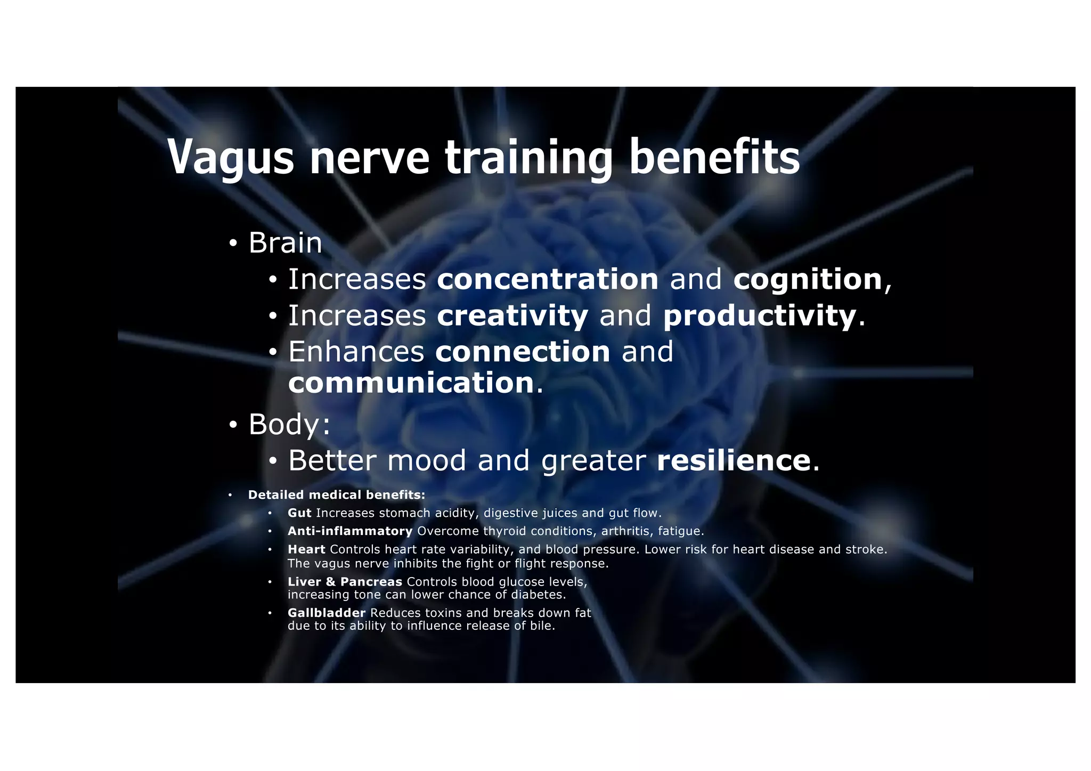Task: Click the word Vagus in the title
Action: pos(231,157)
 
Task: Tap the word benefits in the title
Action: pos(714,157)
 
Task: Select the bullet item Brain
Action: pos(285,243)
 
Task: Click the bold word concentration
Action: pos(548,279)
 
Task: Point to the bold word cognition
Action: pos(808,279)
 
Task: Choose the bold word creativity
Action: pos(512,315)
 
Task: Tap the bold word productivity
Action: pos(760,315)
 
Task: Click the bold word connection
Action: pos(523,352)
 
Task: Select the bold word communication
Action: pos(411,383)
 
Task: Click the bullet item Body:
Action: pos(289,424)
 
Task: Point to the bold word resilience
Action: pos(734,460)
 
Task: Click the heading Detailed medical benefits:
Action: pos(337,495)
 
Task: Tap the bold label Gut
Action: pos(299,513)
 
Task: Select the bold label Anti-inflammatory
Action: pos(350,531)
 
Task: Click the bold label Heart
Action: pos(306,549)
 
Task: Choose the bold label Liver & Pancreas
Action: pos(345,582)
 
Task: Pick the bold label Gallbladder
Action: pos(327,613)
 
